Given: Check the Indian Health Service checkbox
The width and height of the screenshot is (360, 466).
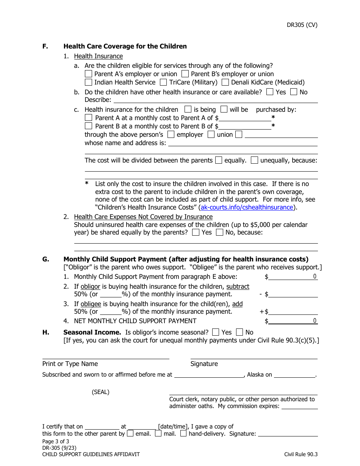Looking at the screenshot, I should (x=88, y=82).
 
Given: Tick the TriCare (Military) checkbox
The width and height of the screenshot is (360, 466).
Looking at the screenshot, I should (x=163, y=82).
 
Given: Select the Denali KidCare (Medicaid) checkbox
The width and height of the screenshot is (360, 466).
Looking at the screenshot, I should (x=225, y=82).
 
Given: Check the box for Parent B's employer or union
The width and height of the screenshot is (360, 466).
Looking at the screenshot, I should (x=185, y=74).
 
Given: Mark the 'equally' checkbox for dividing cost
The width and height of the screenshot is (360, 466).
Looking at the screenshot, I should (x=218, y=160).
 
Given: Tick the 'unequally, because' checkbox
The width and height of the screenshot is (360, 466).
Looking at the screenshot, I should (x=255, y=160).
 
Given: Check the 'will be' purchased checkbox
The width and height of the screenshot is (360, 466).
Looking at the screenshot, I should (x=224, y=109).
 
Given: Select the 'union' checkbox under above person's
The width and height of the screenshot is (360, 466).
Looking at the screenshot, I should (x=211, y=134).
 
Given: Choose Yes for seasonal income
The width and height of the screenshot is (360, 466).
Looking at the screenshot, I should (x=216, y=332).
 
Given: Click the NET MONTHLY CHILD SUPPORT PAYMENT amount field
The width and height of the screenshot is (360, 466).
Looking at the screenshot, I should (x=293, y=321).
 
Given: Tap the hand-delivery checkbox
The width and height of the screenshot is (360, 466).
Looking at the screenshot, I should (x=183, y=434).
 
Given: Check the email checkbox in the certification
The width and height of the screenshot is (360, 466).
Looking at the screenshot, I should (x=130, y=434).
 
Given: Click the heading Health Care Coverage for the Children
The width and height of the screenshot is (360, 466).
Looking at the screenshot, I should (x=125, y=46).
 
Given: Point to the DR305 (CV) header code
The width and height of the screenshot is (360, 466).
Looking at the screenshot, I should (x=302, y=25).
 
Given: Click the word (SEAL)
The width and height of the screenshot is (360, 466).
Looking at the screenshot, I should (x=100, y=392).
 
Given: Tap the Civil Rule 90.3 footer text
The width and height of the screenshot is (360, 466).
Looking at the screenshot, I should (x=301, y=454).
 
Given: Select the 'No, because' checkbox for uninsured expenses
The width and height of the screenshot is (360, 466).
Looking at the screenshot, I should (x=219, y=233).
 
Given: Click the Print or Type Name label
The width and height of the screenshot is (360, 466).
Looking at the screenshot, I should (x=70, y=364).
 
